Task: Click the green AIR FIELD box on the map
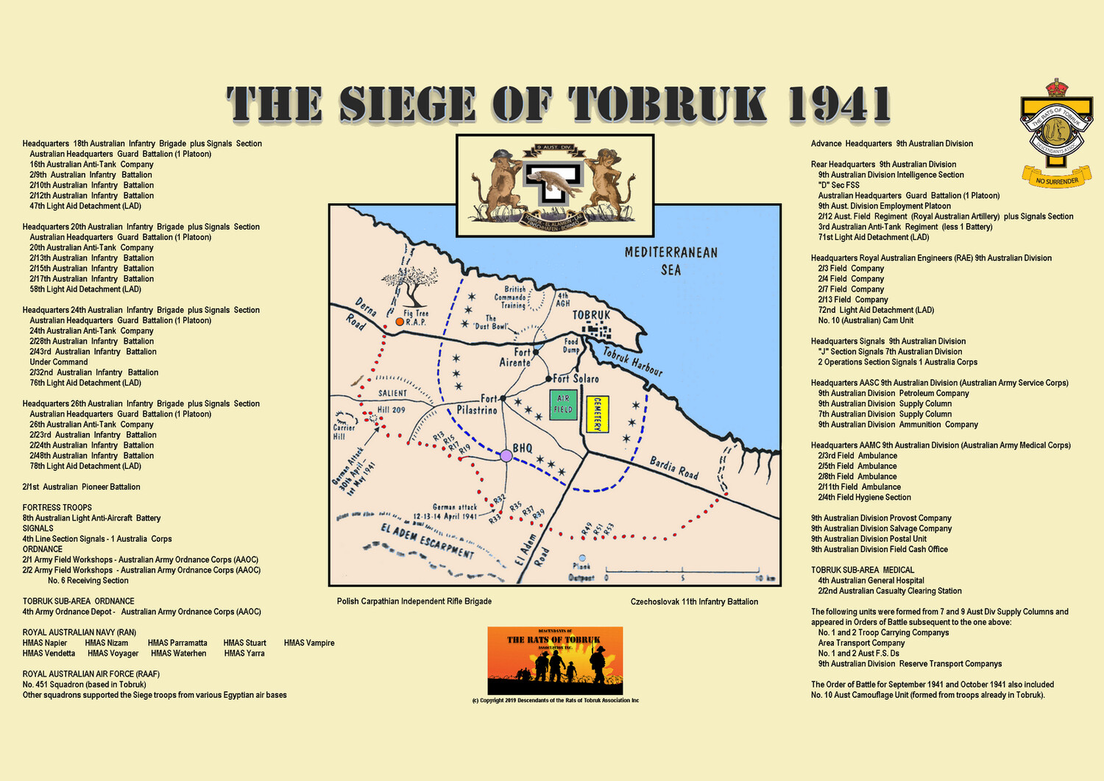[x=563, y=404]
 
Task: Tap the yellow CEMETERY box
[x=597, y=414]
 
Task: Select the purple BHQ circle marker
[x=506, y=456]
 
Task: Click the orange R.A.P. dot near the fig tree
[x=400, y=322]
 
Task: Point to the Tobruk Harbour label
[x=632, y=361]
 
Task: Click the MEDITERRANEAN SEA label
[x=670, y=261]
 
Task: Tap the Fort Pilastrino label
[x=478, y=404]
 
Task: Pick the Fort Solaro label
[x=576, y=378]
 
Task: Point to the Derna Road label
[x=361, y=314]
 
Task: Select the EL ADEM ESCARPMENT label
[x=427, y=541]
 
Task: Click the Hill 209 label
[x=391, y=409]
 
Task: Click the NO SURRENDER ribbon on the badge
[x=1057, y=178]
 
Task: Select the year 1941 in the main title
[x=838, y=104]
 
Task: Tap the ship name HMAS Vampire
[x=309, y=643]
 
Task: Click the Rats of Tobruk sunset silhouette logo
[x=555, y=660]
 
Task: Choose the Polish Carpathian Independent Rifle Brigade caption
[x=414, y=601]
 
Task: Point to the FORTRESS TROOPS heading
[x=57, y=507]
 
